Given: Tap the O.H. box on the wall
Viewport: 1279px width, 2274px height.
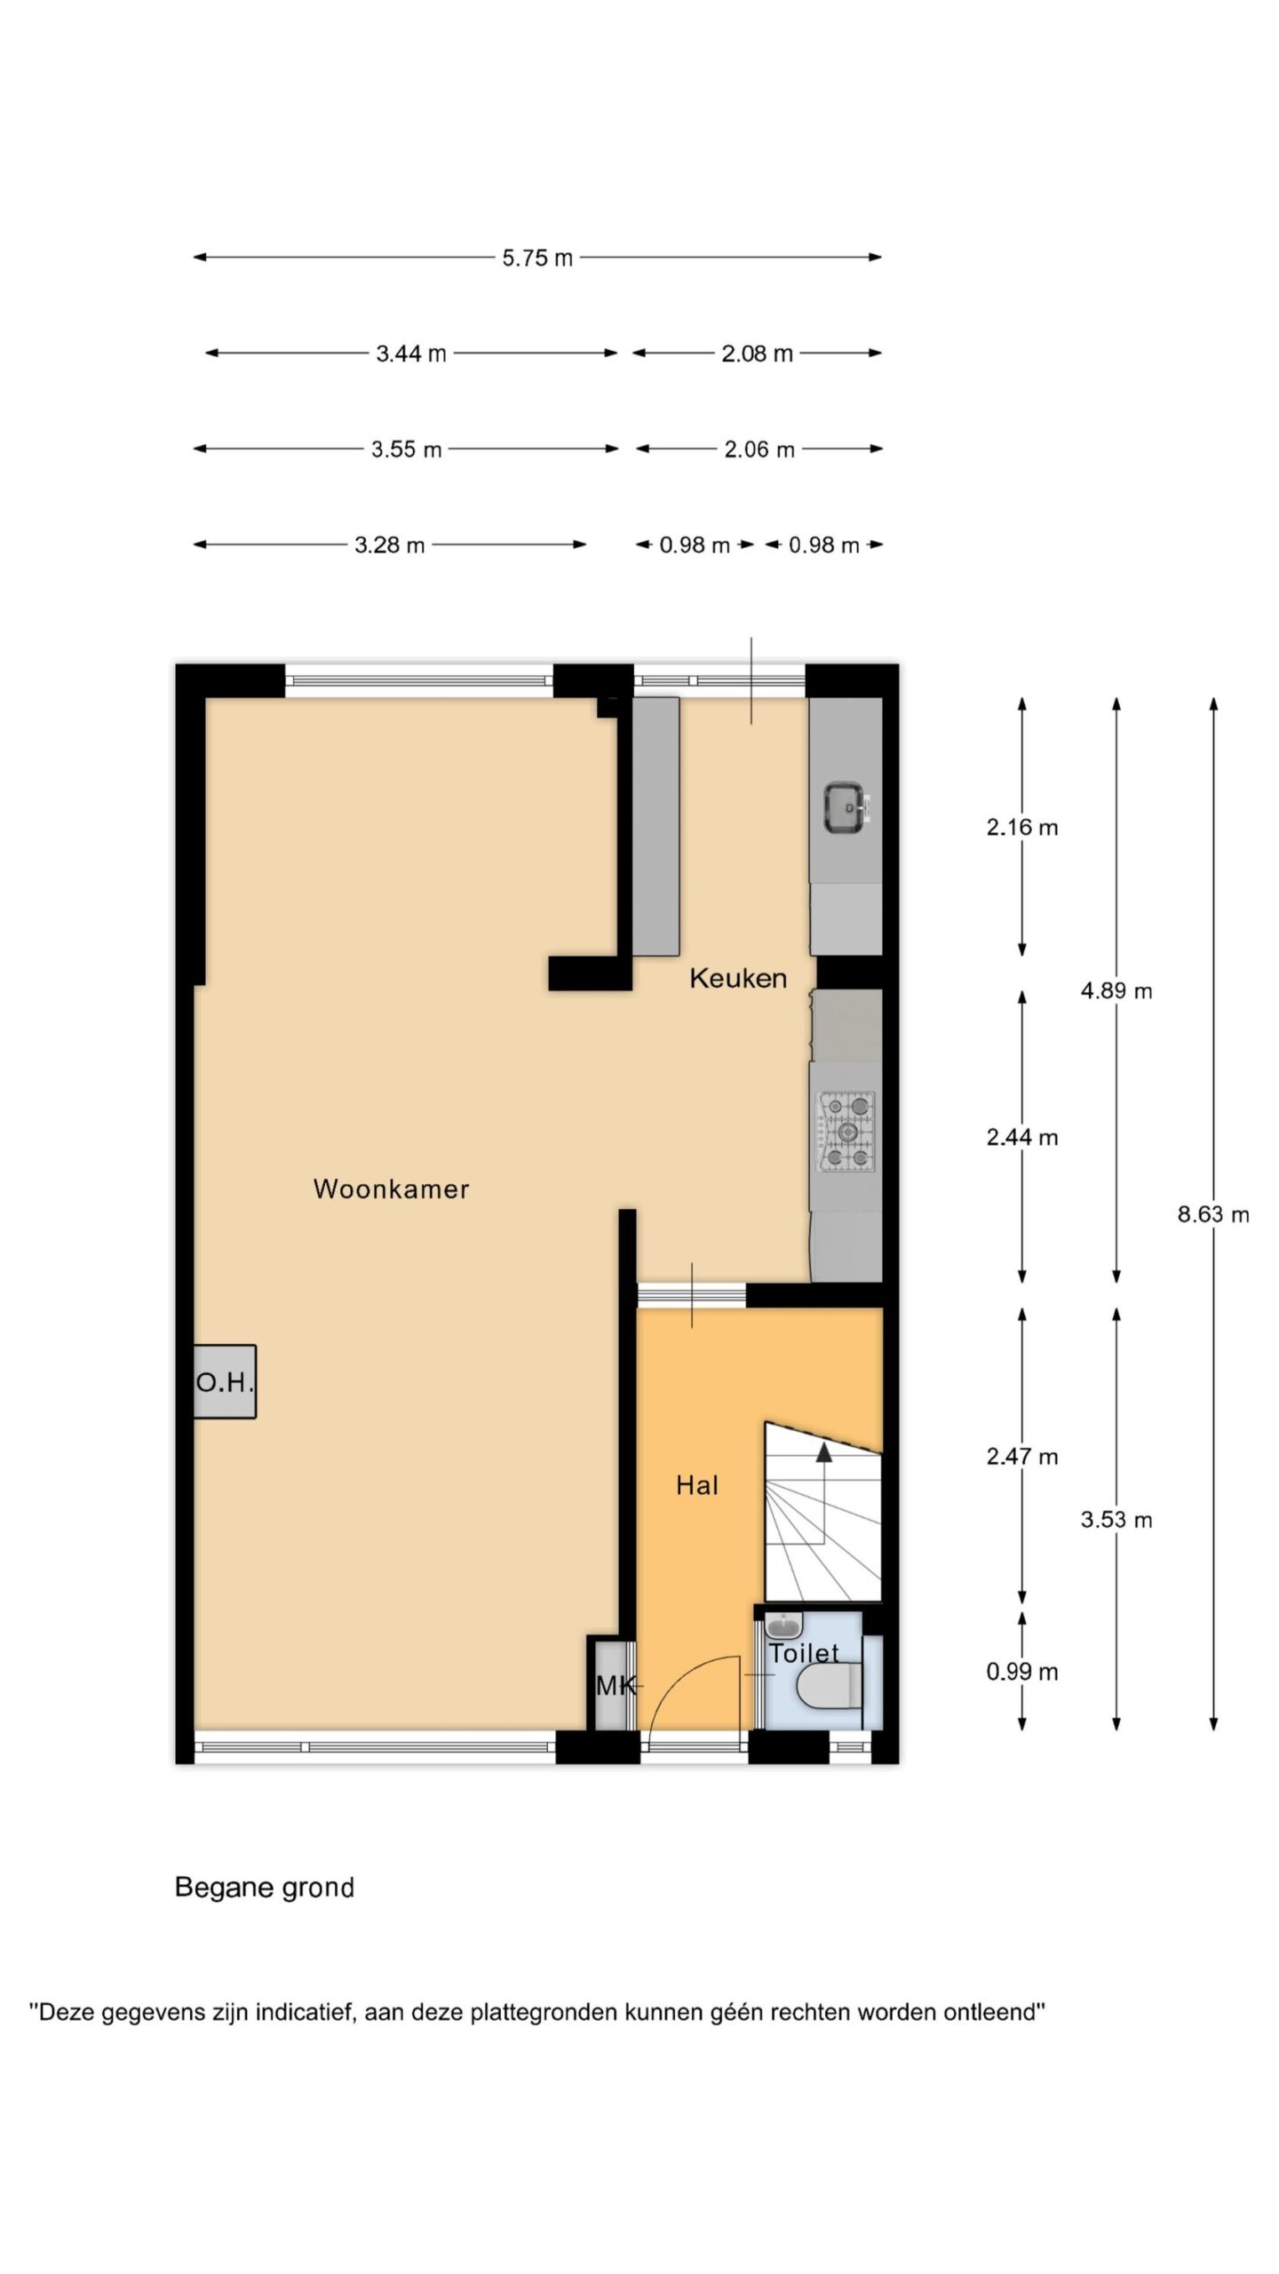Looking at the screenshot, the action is point(225,1381).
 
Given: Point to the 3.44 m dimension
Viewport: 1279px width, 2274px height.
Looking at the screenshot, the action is point(410,354).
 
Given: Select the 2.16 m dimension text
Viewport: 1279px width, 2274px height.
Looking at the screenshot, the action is point(1022,827).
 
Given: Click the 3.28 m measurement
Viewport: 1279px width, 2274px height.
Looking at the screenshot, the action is point(389,545).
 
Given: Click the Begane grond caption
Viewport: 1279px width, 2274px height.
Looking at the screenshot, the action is point(265,1887).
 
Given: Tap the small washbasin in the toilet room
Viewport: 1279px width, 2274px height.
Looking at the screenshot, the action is point(783,1626).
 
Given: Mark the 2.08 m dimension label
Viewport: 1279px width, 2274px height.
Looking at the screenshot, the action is point(757,354).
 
